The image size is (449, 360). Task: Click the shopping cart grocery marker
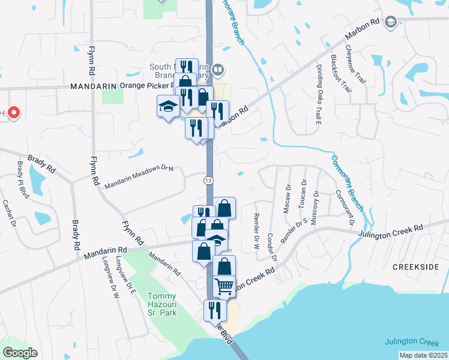click(224, 286)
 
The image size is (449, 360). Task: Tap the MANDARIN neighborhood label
click(92, 86)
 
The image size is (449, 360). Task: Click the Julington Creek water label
click(411, 342)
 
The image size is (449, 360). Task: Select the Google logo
click(20, 353)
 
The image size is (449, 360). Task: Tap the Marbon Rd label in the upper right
click(364, 32)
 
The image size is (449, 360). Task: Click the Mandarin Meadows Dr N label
click(139, 178)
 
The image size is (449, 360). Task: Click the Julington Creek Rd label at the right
click(391, 231)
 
